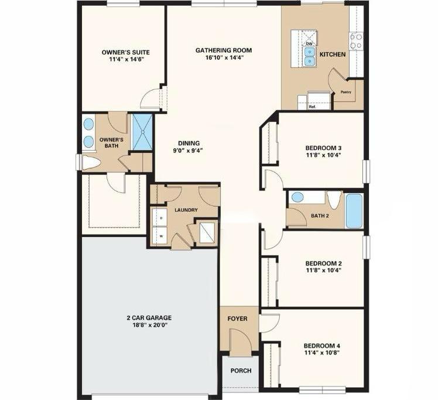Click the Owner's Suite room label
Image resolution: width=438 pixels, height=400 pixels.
122,51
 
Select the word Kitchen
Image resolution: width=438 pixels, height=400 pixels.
332,55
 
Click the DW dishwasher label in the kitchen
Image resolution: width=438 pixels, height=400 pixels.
309,43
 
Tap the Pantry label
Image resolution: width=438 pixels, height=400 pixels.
345,93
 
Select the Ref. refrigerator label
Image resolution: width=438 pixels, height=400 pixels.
312,107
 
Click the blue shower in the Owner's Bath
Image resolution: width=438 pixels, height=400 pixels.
142,133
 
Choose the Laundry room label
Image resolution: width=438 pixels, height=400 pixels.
186,210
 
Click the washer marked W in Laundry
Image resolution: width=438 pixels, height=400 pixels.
162,236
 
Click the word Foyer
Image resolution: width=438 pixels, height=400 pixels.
237,319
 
